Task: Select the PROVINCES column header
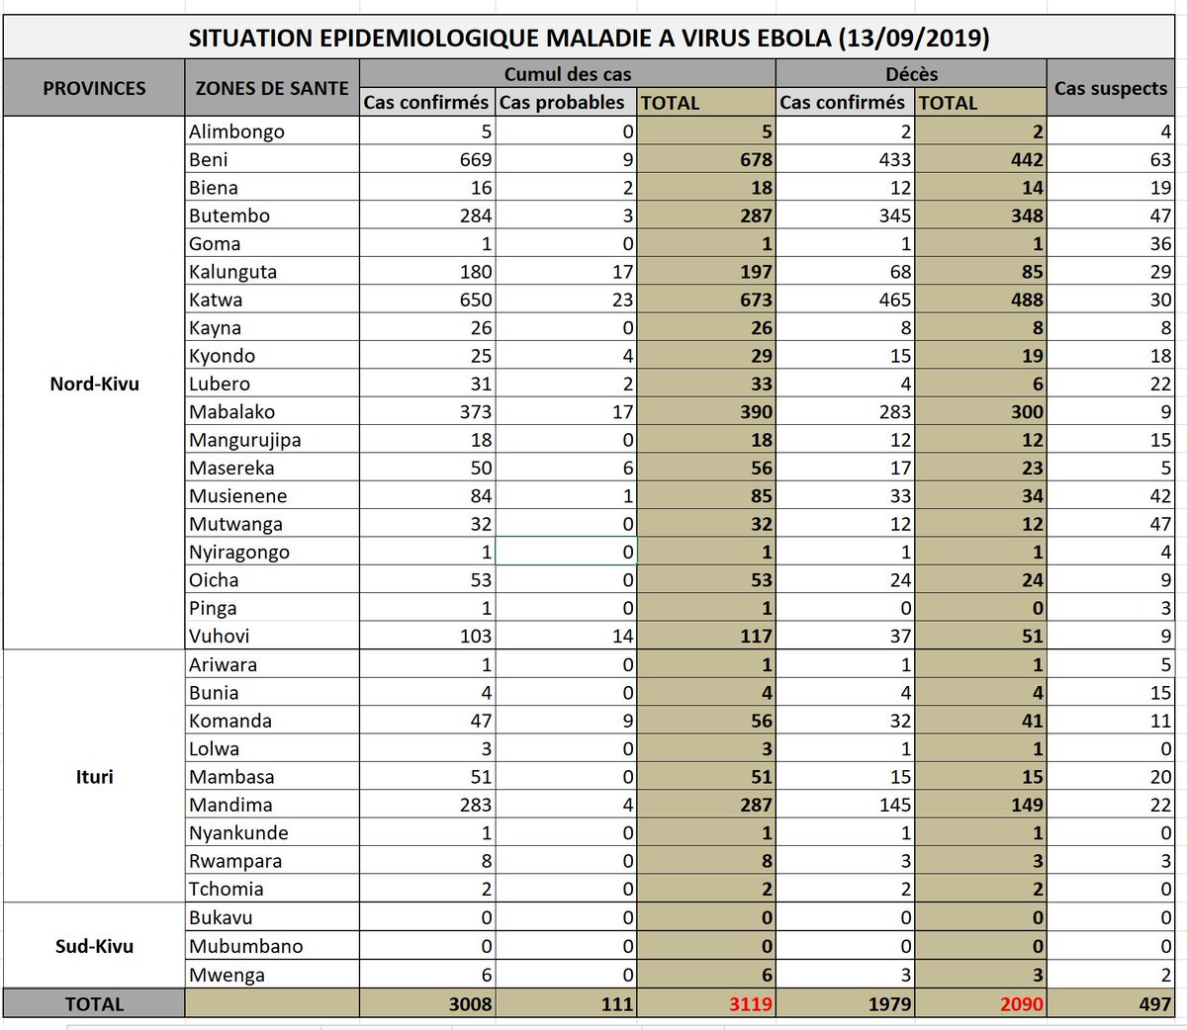tap(94, 88)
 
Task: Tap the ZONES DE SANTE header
tap(272, 88)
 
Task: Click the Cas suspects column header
tap(1110, 88)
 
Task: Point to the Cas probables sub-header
tap(562, 102)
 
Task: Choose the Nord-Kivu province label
tap(94, 384)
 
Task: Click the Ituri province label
tap(94, 776)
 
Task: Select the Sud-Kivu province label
tap(94, 946)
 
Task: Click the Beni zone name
tap(209, 159)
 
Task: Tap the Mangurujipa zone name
tap(245, 440)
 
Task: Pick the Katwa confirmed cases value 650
tap(476, 300)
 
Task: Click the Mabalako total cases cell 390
tap(756, 412)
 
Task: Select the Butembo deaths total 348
tap(1027, 215)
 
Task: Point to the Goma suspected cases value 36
tap(1160, 243)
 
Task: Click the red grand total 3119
tap(751, 1004)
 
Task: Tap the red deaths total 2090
tap(1021, 1004)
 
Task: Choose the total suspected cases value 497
tap(1153, 1004)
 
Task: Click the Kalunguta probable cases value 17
tap(622, 272)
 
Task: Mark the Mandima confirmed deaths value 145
tap(894, 805)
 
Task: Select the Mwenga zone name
tap(228, 975)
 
